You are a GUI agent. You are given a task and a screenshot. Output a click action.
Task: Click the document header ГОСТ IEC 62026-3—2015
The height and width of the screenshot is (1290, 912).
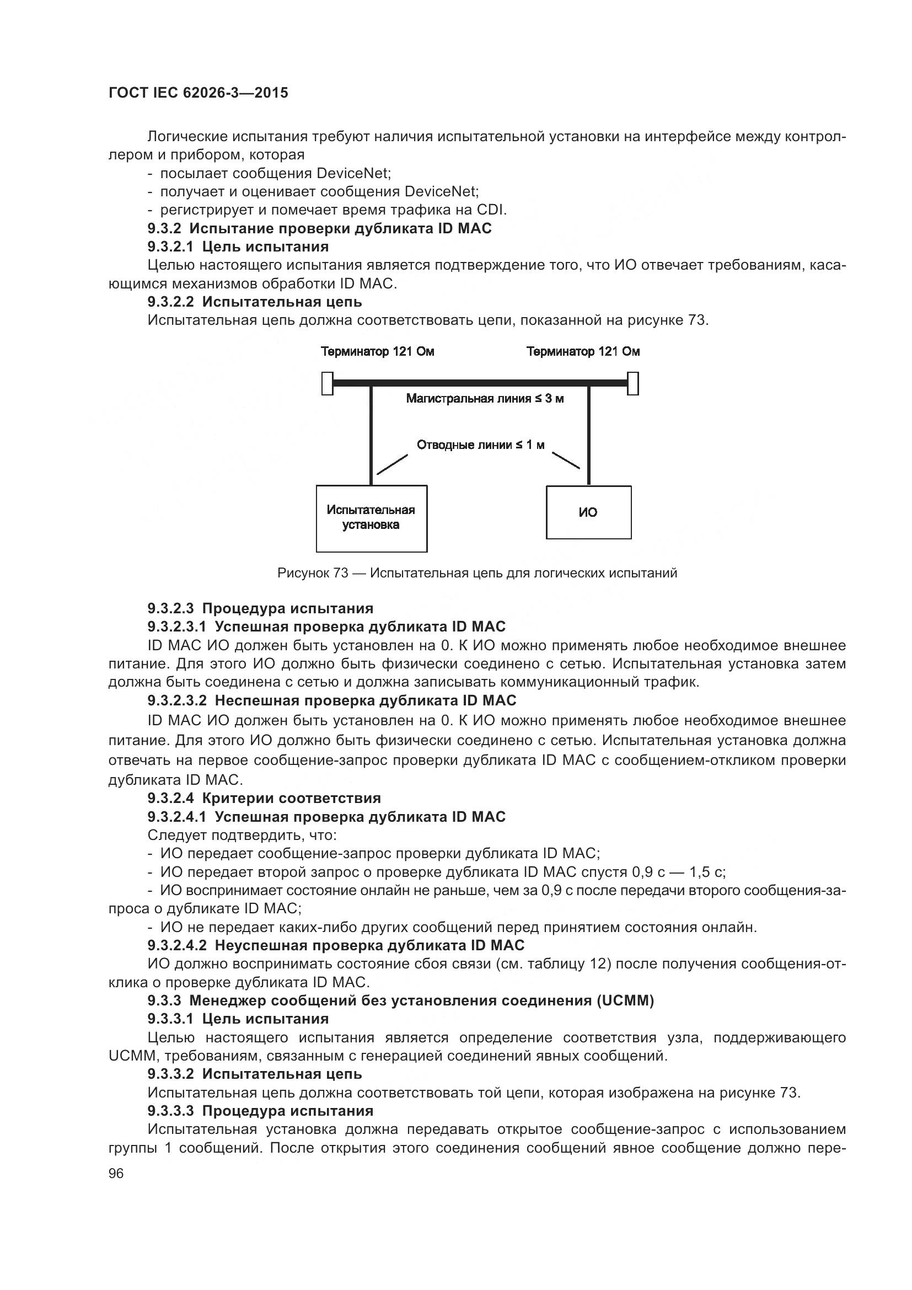pos(199,93)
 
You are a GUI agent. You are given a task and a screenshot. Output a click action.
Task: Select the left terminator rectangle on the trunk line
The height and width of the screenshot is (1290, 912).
pos(327,384)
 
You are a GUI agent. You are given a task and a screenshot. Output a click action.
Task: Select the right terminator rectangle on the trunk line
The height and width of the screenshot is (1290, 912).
pos(632,384)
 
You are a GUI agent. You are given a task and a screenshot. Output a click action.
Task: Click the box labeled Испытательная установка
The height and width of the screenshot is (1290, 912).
pos(371,518)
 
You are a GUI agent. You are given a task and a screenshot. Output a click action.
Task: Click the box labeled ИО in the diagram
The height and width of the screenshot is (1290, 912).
pos(588,512)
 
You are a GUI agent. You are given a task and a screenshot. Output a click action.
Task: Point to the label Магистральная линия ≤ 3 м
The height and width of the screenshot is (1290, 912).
pos(485,399)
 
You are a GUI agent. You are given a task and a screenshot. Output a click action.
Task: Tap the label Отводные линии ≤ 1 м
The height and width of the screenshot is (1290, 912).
pos(480,445)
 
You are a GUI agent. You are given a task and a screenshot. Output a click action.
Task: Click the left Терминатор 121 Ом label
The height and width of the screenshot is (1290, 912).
pos(377,352)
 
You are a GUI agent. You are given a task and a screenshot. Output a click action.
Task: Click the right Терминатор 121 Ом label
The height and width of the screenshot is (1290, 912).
pos(583,352)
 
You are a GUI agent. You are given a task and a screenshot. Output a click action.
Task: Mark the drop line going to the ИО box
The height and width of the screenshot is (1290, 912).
pos(588,436)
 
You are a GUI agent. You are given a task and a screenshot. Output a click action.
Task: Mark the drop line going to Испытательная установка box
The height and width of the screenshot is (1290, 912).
pos(371,436)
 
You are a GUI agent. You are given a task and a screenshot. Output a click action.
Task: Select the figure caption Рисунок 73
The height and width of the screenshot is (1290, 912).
pos(478,573)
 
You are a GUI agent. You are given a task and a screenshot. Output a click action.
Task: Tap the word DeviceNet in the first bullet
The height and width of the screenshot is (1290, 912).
pos(353,173)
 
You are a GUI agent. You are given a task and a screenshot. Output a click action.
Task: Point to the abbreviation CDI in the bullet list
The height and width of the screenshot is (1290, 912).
pos(491,210)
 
